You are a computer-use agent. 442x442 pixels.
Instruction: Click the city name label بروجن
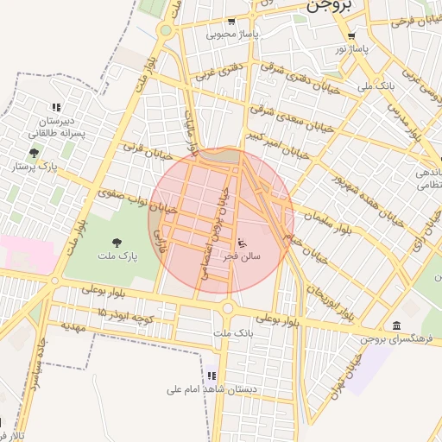point(330,6)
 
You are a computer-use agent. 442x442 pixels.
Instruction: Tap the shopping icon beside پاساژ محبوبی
point(230,22)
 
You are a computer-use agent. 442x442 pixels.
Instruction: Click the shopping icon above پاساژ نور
point(351,36)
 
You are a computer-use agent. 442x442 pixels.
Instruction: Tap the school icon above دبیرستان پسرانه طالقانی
point(56,107)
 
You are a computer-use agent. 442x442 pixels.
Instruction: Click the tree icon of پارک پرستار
point(34,153)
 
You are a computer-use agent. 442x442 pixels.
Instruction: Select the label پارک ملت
point(117,256)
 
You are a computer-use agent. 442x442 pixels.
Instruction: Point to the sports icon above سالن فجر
point(241,243)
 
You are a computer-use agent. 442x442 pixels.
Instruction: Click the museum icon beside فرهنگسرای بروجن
point(396,325)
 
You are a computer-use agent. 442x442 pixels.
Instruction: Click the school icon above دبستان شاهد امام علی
point(212,376)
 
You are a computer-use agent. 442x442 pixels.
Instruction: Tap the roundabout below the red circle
point(228,308)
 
